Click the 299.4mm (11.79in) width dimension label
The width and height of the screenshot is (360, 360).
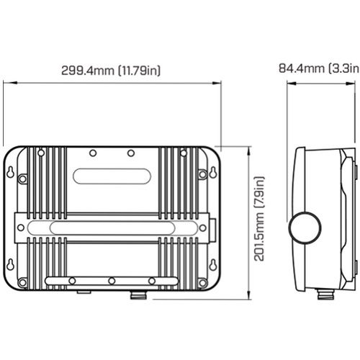pos(111,71)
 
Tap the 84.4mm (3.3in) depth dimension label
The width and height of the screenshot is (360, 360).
pos(319,68)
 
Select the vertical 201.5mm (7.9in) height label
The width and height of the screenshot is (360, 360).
pos(259,219)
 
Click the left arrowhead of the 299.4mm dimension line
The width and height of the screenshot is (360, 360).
pos(10,83)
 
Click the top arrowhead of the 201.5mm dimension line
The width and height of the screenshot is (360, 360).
pos(250,153)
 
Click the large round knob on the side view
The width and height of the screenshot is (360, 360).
pos(305,228)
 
